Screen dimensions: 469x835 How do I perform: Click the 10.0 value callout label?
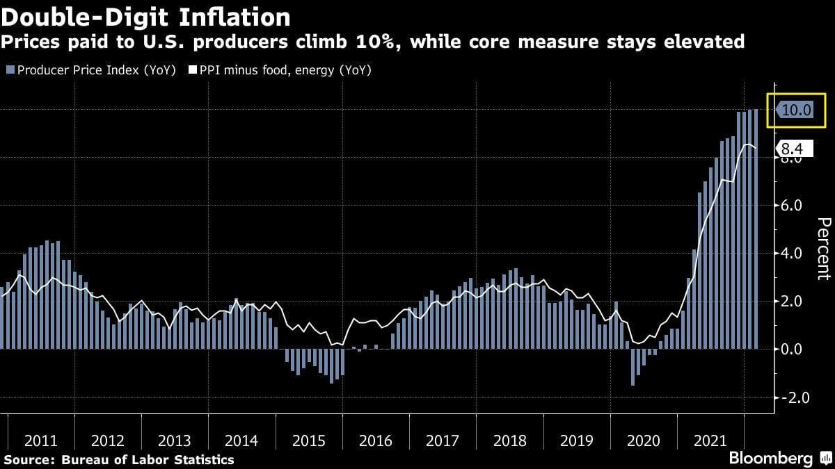pos(795,110)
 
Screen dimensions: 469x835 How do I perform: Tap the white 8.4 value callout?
pos(793,148)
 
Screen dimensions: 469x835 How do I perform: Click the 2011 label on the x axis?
pos(40,441)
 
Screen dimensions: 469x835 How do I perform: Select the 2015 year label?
pos(308,441)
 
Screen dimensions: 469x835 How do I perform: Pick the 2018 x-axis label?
pos(510,441)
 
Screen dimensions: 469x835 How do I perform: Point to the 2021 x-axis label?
pos(710,441)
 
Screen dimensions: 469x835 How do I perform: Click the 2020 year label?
pos(644,441)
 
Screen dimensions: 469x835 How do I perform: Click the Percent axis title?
pos(822,258)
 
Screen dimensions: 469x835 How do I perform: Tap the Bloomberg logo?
pos(771,459)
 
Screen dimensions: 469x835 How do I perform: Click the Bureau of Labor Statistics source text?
pos(148,459)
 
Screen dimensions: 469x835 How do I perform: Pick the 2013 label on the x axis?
pos(174,441)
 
